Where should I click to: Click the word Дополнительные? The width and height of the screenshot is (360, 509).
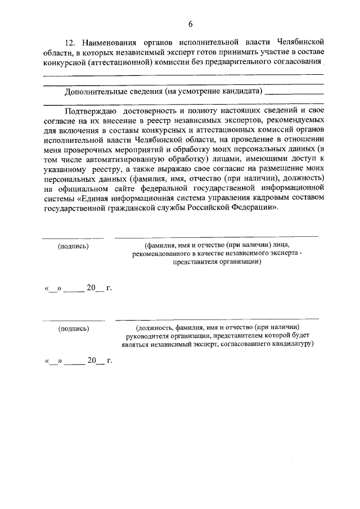pyautogui.click(x=93, y=91)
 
